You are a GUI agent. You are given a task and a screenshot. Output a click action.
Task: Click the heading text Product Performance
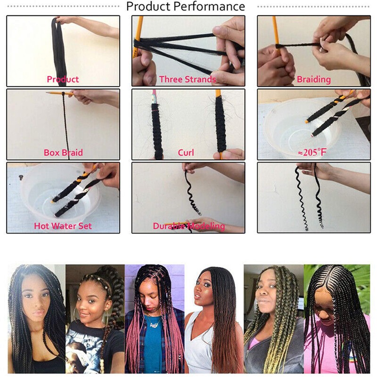(x=186, y=7)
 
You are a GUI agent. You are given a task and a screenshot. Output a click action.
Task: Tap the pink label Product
(x=63, y=79)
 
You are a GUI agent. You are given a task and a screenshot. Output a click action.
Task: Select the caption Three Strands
(x=188, y=79)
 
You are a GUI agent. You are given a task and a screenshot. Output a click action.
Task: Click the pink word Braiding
(x=314, y=79)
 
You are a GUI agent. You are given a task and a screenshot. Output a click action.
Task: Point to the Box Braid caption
(x=63, y=152)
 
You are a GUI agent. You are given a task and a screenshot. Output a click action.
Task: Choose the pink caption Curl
(x=186, y=152)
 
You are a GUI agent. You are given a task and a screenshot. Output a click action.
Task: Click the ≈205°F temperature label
(x=311, y=152)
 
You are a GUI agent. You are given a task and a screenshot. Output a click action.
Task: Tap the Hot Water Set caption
(x=63, y=226)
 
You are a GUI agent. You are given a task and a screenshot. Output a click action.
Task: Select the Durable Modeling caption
(x=189, y=226)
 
